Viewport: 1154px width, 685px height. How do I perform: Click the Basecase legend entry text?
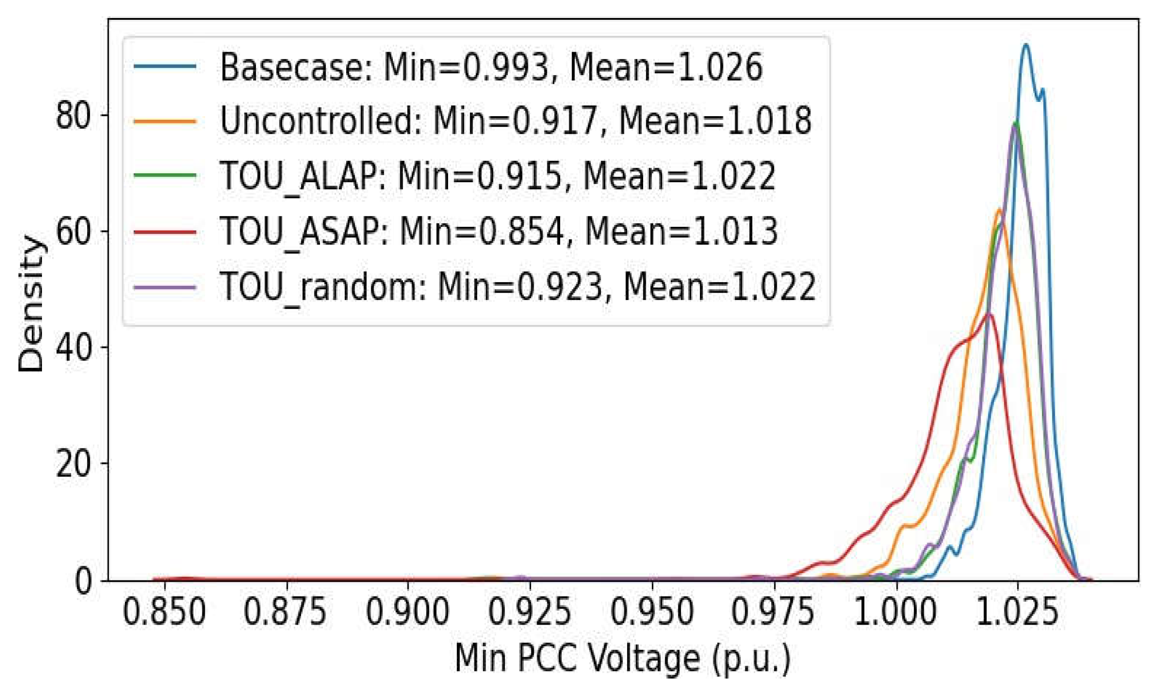click(x=491, y=67)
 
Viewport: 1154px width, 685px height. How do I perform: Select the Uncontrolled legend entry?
click(x=515, y=121)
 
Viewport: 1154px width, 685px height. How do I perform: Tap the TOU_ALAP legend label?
click(x=497, y=177)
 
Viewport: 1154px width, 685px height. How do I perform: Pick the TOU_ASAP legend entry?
click(x=498, y=231)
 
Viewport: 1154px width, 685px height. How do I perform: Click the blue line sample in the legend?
click(x=165, y=66)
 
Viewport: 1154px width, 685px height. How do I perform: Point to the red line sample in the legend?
click(x=165, y=230)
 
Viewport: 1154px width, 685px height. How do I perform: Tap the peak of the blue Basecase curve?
click(x=1026, y=45)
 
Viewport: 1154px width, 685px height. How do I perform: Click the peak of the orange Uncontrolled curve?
click(x=999, y=210)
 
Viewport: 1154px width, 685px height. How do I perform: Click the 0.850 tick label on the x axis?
click(x=164, y=612)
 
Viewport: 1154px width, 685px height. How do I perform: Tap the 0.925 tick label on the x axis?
click(x=529, y=612)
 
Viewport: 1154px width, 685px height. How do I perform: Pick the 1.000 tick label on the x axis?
click(x=896, y=612)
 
